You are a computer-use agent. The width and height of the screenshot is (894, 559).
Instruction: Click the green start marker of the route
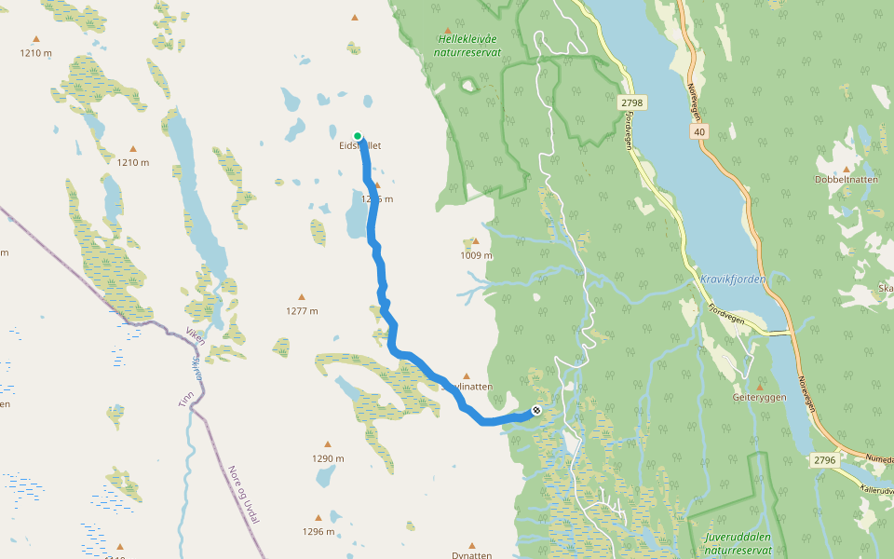pos(358,136)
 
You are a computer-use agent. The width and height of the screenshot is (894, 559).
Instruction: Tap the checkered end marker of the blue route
pos(536,410)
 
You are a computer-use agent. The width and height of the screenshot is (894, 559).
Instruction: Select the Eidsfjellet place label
pos(359,146)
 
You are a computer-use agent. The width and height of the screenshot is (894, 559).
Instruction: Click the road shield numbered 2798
pos(630,102)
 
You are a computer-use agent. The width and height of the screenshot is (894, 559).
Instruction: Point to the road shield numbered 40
pos(698,132)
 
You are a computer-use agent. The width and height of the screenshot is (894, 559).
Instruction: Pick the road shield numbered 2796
pos(824,459)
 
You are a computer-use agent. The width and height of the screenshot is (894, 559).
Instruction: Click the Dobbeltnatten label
pos(846,179)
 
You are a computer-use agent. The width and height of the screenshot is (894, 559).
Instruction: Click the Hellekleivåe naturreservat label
pos(468,46)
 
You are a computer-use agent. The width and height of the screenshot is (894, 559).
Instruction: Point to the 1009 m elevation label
pos(476,255)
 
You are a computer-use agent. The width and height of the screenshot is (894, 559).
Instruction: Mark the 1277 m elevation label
pos(302,311)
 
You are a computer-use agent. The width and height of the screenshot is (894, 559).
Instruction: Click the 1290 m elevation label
pos(328,458)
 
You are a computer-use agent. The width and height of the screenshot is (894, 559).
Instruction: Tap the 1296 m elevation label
pos(318,532)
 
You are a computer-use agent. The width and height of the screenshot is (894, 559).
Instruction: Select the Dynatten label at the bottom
pos(471,555)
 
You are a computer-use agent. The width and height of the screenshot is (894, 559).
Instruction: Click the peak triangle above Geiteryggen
pos(760,385)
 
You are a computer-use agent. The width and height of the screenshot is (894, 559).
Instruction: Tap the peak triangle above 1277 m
pos(302,299)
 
